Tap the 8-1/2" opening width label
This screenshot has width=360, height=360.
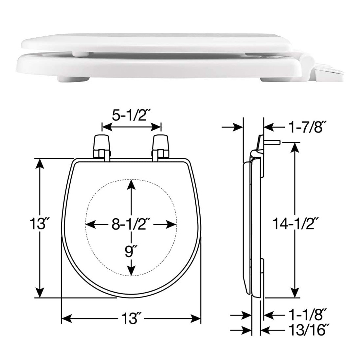(x=131, y=225)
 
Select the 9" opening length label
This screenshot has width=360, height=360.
(x=131, y=251)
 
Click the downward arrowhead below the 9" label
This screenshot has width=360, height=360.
(x=131, y=270)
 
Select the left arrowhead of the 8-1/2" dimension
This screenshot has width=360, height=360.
(x=90, y=225)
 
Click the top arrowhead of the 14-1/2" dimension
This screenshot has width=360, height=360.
(x=295, y=148)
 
